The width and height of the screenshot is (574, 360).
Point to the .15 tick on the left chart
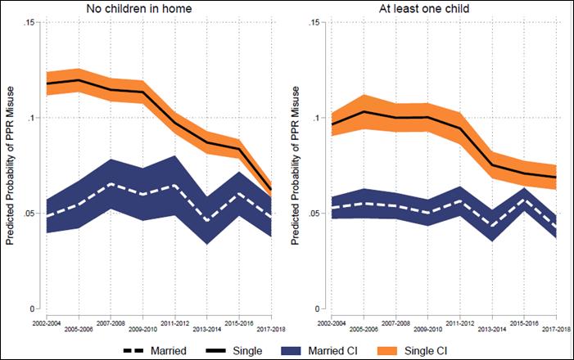pyautogui.click(x=26, y=22)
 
